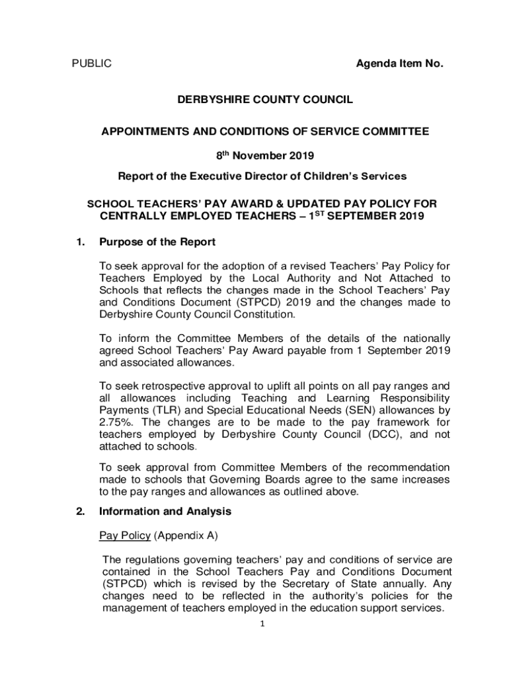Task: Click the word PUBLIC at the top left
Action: coord(91,64)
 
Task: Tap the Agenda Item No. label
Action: coord(399,64)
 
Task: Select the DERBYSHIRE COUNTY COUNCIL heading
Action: coord(264,100)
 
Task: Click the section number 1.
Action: coord(79,242)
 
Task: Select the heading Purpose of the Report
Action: coord(157,242)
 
